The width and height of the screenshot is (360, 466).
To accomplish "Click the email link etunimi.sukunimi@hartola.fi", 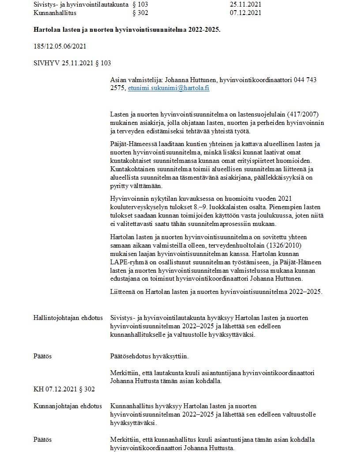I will point(169,88).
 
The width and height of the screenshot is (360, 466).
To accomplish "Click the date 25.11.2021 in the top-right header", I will point(245,5).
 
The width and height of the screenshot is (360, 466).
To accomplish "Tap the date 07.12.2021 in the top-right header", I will point(245,13).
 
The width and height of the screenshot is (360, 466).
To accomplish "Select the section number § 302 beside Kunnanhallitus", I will point(140,13).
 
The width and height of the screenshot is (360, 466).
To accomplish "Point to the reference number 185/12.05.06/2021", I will point(60,46).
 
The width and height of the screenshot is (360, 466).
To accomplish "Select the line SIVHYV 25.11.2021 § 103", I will point(72,63).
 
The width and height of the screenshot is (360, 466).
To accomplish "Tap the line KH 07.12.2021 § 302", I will point(64,389).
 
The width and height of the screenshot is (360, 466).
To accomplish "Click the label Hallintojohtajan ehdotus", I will point(68,318).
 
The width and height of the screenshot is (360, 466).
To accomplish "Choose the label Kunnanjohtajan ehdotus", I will point(68,406).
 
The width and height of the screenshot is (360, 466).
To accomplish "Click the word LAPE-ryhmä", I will point(128,263).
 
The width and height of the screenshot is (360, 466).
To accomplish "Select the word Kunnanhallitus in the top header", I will point(55,13).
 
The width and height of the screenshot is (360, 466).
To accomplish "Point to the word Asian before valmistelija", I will point(118,80).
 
